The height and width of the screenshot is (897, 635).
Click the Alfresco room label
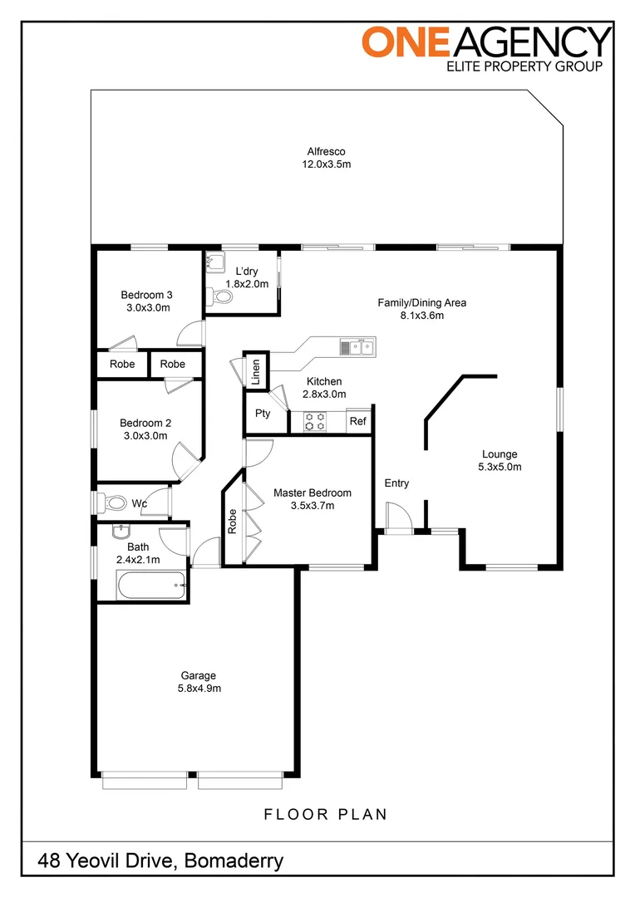[326, 152]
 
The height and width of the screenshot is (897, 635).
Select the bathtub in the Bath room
[151, 585]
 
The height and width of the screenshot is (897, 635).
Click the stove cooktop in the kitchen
[314, 422]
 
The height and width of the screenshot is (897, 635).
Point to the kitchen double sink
[358, 346]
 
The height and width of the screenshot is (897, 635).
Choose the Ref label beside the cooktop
[358, 421]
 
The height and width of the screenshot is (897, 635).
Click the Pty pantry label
[263, 414]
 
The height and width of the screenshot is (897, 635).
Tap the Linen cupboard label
[256, 371]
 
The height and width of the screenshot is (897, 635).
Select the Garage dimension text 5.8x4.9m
[199, 689]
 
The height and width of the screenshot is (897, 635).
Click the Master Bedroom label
[312, 493]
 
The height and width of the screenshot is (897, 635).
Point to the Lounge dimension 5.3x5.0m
[500, 467]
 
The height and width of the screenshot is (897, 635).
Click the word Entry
[396, 483]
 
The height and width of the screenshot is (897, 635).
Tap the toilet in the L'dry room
[220, 297]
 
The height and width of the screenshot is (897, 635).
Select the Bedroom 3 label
[146, 295]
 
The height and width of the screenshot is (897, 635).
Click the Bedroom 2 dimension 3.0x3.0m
[145, 435]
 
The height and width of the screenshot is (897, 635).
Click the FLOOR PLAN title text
[325, 814]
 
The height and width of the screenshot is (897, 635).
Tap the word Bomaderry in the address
[234, 861]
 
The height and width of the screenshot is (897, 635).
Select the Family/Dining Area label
[422, 302]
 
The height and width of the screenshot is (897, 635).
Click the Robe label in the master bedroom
[232, 522]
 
